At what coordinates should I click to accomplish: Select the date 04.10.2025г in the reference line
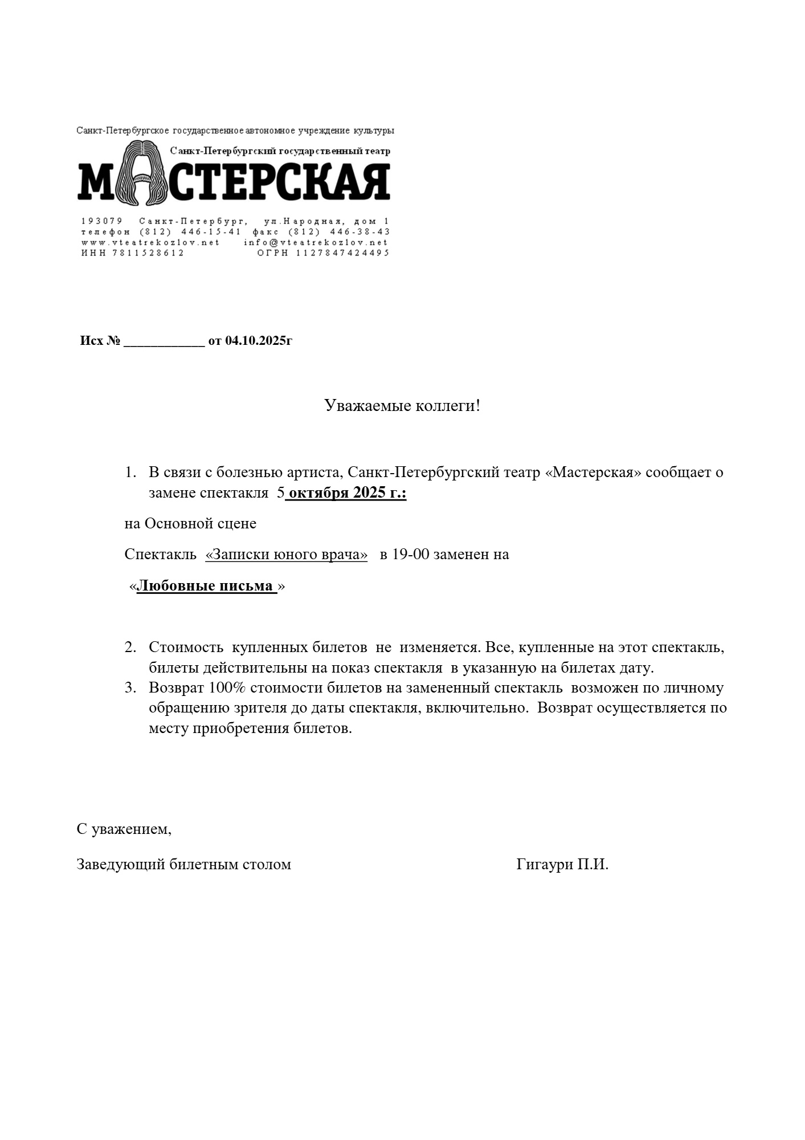(259, 341)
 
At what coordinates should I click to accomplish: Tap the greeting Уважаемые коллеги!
(402, 406)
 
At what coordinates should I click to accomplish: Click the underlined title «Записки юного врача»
(286, 554)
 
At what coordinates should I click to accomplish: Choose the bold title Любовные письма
(206, 586)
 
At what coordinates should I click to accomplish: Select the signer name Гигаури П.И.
(562, 864)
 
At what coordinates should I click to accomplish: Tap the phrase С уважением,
(124, 829)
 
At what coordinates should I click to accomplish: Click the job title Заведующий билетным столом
(183, 864)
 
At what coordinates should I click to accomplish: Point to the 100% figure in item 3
(227, 687)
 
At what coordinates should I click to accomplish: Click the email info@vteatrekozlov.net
(316, 242)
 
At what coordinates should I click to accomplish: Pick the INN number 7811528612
(149, 253)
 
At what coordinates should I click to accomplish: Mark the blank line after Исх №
(164, 342)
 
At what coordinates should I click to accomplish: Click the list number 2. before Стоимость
(130, 648)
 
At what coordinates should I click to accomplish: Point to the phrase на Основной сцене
(190, 523)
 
